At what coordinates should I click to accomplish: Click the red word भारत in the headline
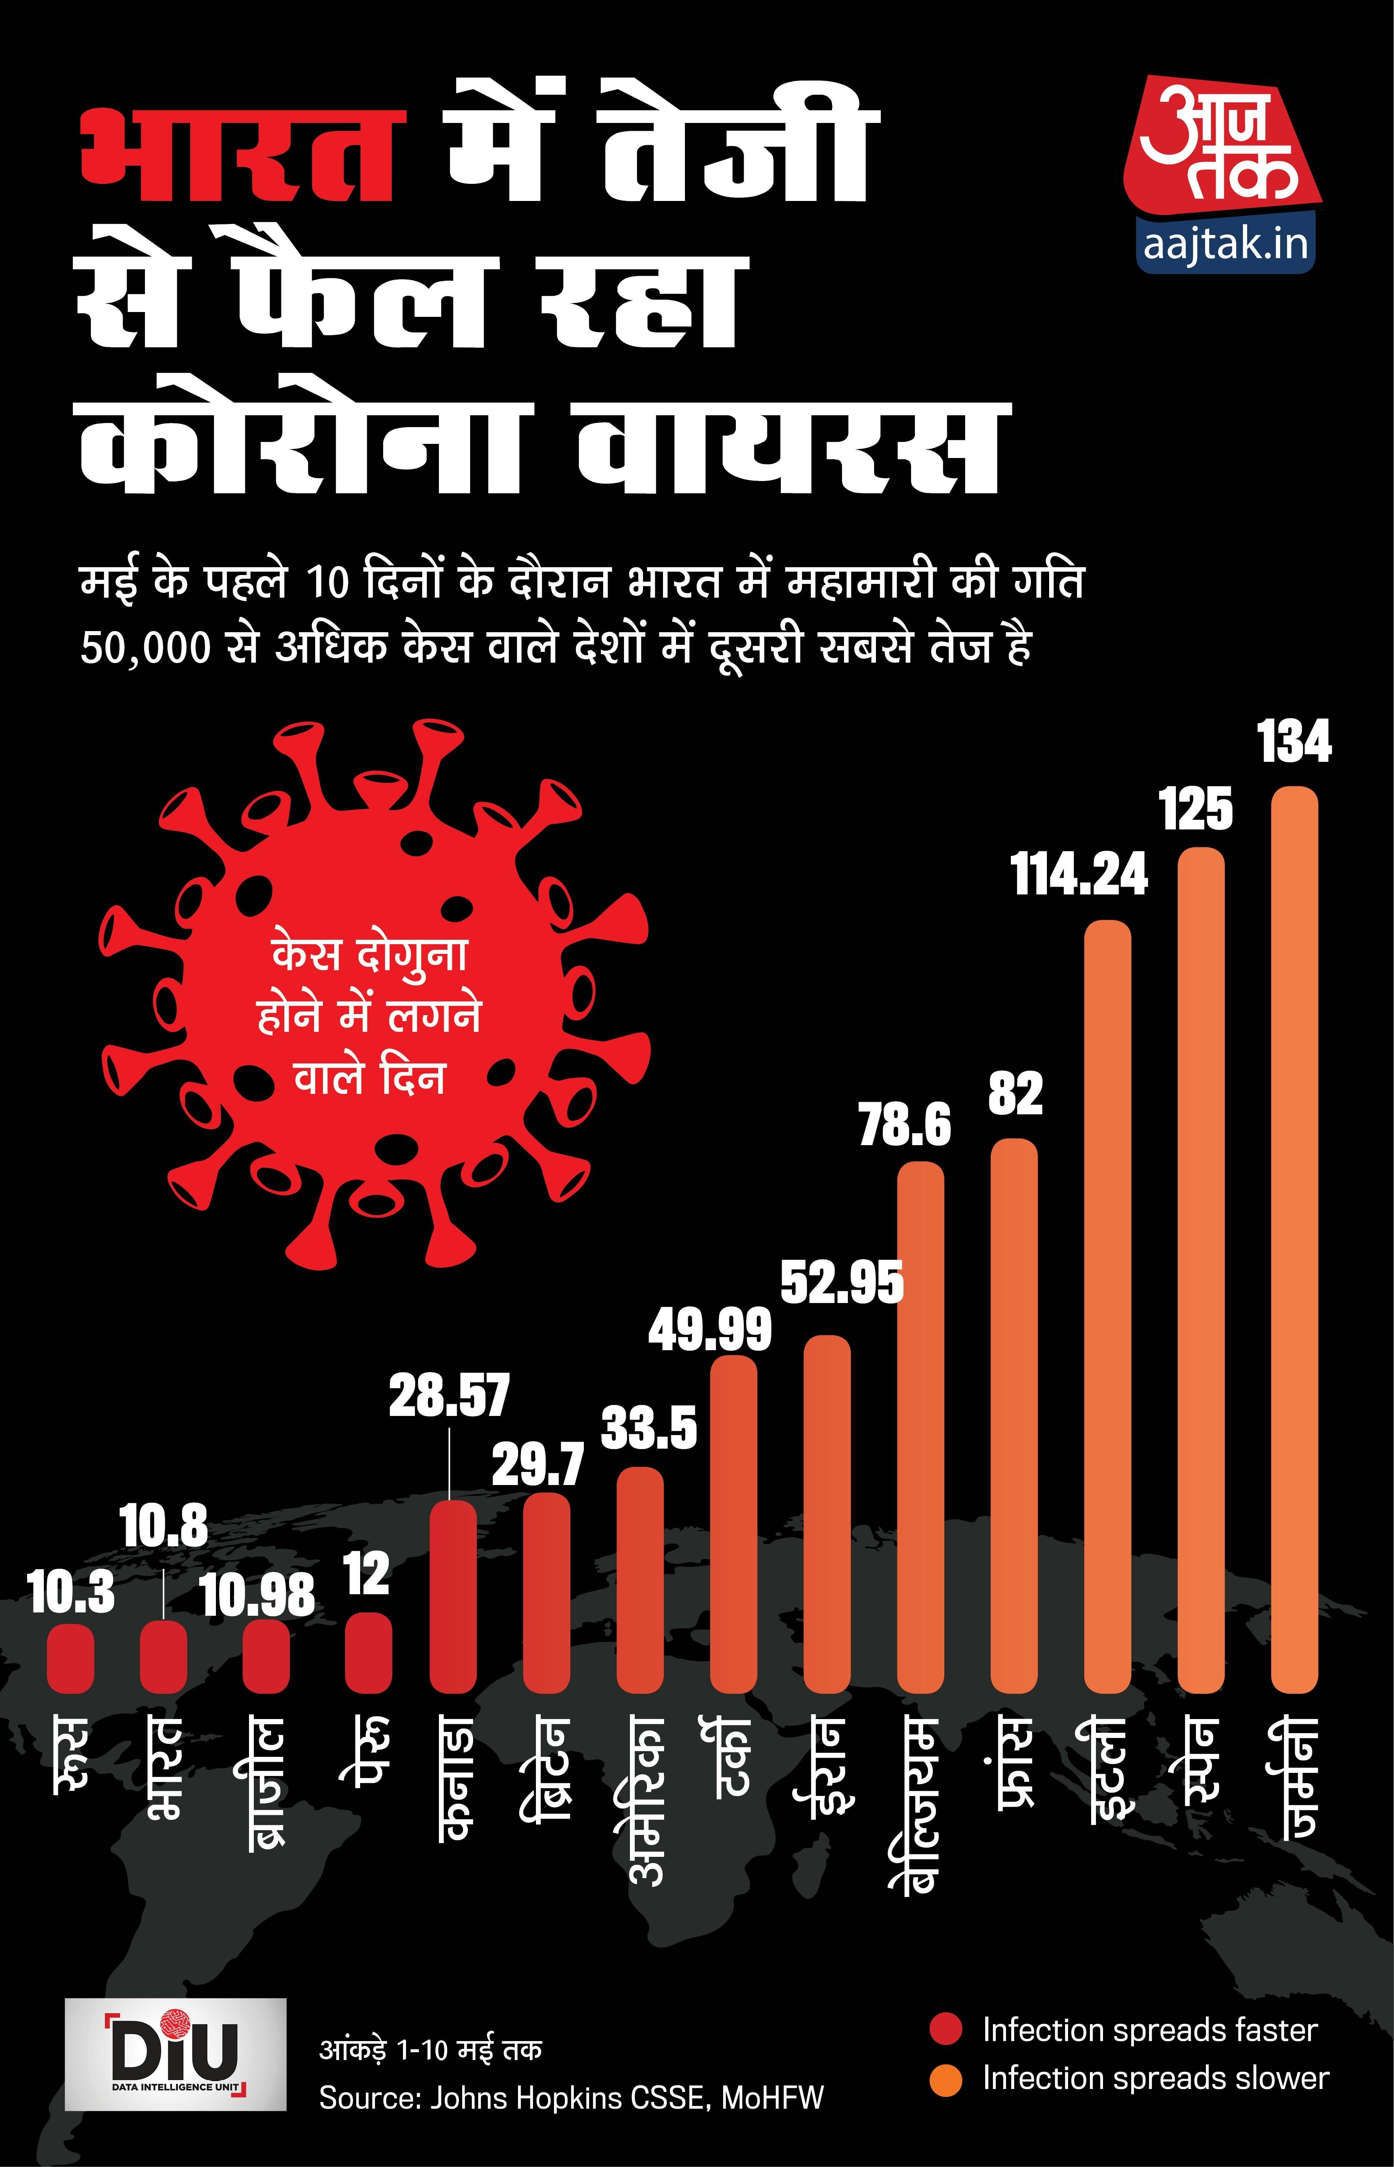[237, 156]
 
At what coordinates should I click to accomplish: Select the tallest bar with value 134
[1294, 1240]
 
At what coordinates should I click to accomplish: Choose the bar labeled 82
[1015, 1416]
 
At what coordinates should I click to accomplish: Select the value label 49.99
[710, 1330]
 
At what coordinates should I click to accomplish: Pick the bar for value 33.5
[640, 1579]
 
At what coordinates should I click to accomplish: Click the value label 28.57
[450, 1395]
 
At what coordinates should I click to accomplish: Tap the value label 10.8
[164, 1526]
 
